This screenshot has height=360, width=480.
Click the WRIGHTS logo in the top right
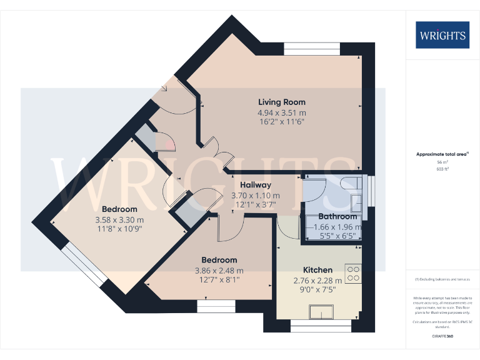pyautogui.click(x=442, y=35)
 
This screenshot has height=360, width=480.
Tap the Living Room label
pyautogui.click(x=282, y=102)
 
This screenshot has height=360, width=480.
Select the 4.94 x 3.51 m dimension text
pyautogui.click(x=282, y=113)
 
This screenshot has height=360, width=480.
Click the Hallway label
pyautogui.click(x=256, y=185)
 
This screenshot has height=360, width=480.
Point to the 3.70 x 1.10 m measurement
pyautogui.click(x=254, y=195)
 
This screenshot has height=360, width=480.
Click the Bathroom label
pyautogui.click(x=337, y=217)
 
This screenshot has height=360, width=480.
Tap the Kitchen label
pyautogui.click(x=317, y=270)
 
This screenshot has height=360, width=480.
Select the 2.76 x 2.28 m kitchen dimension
pyautogui.click(x=318, y=281)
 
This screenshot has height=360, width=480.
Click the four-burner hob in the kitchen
pyautogui.click(x=353, y=273)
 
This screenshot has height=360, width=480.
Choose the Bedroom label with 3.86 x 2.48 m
pyautogui.click(x=219, y=260)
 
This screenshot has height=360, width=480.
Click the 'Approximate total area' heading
pyautogui.click(x=441, y=154)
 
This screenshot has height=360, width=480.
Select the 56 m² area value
pyautogui.click(x=442, y=161)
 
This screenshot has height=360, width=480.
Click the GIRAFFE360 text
pyautogui.click(x=442, y=337)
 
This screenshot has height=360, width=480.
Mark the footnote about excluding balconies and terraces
pyautogui.click(x=442, y=279)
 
